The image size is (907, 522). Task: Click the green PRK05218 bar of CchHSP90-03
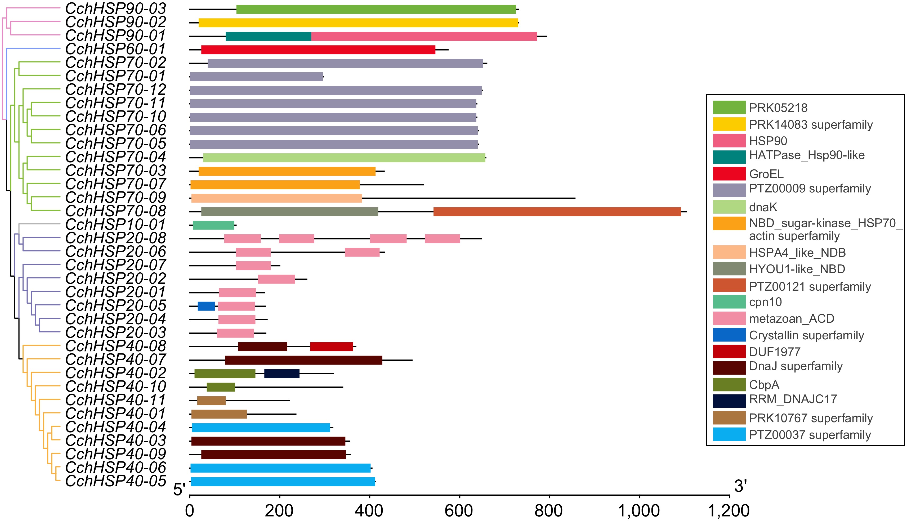click(x=376, y=9)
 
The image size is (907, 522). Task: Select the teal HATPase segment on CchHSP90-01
click(x=268, y=36)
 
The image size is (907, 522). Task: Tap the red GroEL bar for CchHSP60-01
click(x=318, y=50)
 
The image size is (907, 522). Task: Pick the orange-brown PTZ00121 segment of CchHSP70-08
click(x=557, y=211)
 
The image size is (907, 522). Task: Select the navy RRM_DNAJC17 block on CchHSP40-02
click(x=282, y=373)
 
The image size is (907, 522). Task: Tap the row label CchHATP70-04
click(x=115, y=157)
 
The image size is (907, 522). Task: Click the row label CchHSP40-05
click(x=115, y=481)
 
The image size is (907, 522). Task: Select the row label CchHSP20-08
click(x=115, y=238)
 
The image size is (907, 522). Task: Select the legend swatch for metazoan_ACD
click(x=729, y=318)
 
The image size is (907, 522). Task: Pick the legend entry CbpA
click(x=764, y=385)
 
